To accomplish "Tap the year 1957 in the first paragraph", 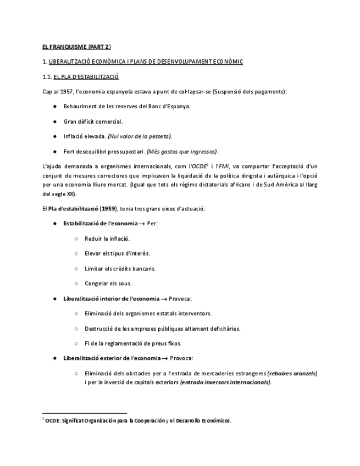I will coord(65,91).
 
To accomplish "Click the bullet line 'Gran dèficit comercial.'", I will coord(93,121).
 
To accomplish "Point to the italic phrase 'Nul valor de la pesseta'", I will coord(140,136).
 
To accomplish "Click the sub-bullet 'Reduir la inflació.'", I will coord(107,239).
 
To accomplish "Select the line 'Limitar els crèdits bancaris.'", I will coord(120,269).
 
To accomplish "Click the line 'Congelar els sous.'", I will coord(108,284).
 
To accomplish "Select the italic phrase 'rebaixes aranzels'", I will coord(292,373).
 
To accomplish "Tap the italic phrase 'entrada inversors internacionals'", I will coord(225,382).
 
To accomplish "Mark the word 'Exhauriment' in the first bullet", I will coord(79,107).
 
